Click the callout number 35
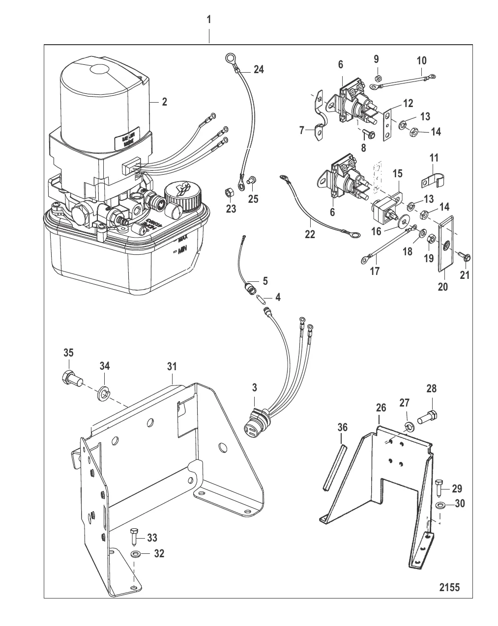click(68, 353)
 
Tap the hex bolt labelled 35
click(71, 379)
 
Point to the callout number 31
click(172, 366)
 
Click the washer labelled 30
click(441, 505)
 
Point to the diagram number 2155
click(449, 587)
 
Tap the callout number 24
click(259, 70)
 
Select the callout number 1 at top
click(209, 20)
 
